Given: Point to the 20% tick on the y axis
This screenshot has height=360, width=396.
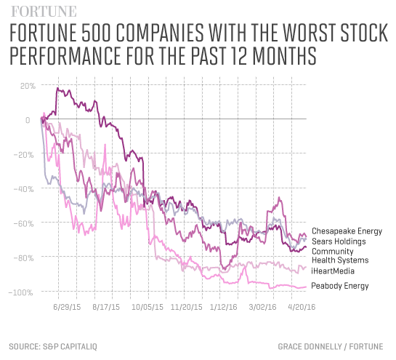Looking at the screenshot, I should [27, 86].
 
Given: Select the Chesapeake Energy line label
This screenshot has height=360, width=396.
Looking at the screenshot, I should [346, 231].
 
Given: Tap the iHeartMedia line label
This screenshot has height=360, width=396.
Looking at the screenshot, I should [336, 271].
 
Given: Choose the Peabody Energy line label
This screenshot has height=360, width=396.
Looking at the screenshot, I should [340, 286].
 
